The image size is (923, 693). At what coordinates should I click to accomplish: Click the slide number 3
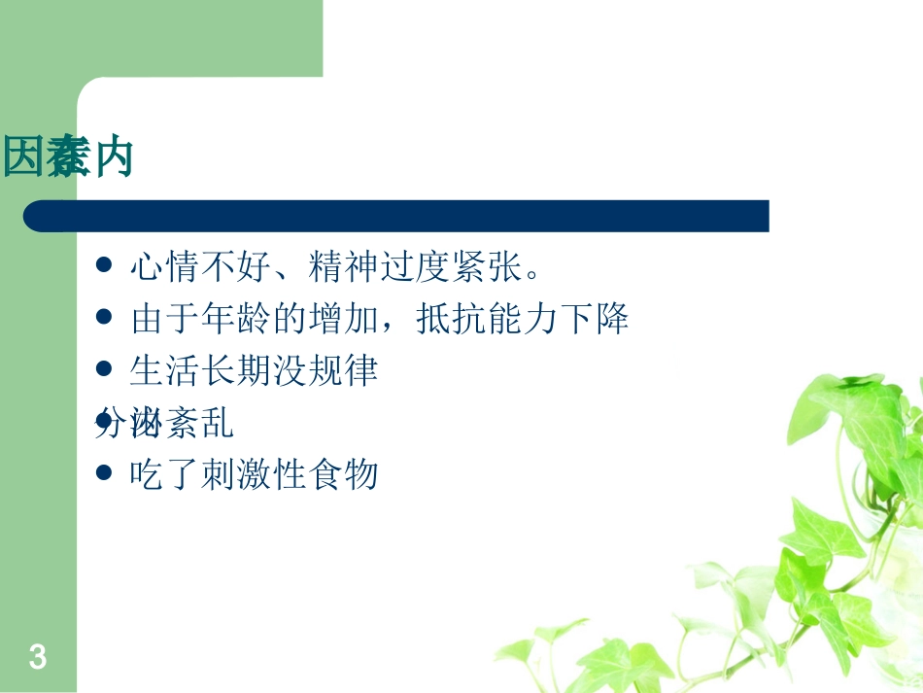coord(38,658)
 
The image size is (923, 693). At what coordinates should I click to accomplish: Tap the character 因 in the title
coord(24,157)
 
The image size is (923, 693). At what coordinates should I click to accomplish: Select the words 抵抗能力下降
coord(524,319)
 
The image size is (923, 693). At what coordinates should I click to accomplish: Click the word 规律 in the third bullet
coord(346,371)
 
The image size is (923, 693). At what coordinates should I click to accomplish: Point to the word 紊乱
coord(199,424)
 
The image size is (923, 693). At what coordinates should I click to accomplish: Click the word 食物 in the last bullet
coord(346,475)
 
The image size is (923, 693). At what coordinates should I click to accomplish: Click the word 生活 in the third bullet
coord(159,371)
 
